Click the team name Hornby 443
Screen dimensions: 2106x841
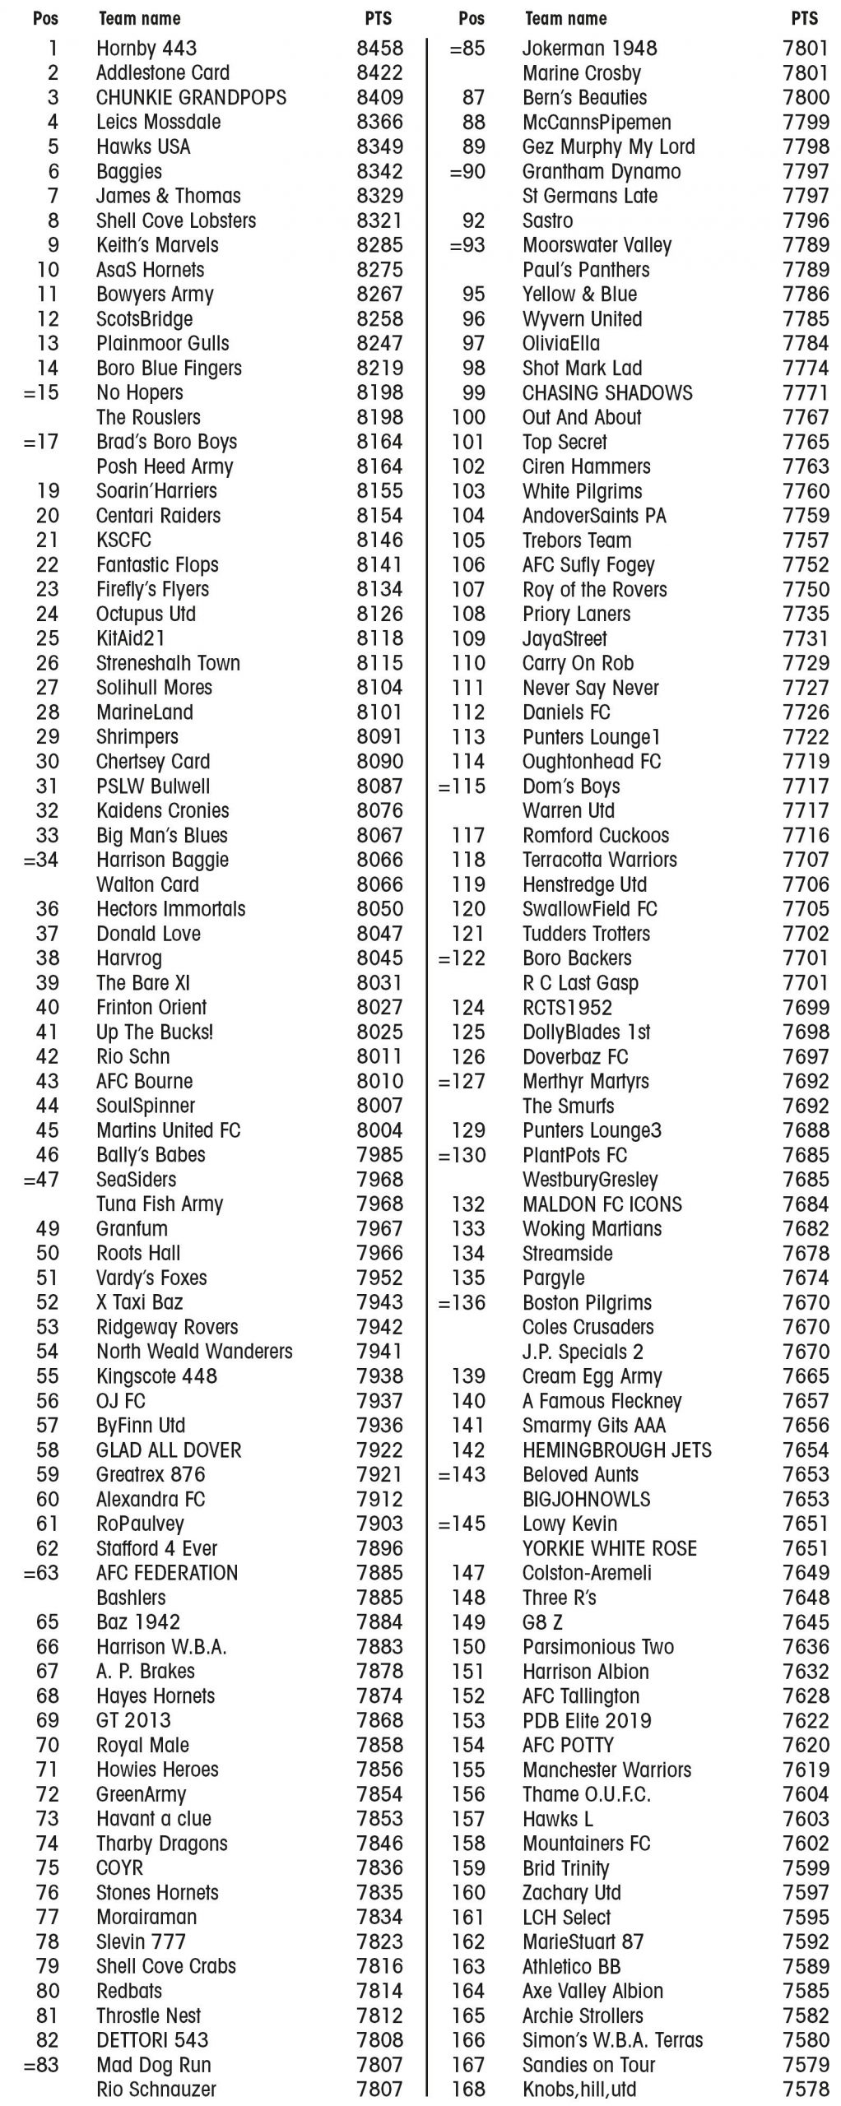[x=146, y=49]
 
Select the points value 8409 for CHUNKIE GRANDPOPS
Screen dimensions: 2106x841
[x=379, y=98]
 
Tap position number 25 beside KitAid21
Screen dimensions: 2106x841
[x=48, y=638]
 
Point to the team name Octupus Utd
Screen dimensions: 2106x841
[x=146, y=615]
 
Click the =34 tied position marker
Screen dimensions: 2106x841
[x=42, y=860]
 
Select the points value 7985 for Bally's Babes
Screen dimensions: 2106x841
[x=379, y=1155]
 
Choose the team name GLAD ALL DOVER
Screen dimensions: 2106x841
[x=169, y=1450]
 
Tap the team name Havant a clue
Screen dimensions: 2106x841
[x=154, y=1819]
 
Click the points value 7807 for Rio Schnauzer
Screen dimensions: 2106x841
[x=379, y=2089]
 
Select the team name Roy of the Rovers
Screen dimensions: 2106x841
[x=594, y=590]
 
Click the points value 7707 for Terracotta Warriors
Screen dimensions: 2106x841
[x=806, y=860]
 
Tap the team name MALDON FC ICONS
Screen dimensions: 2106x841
[x=602, y=1204]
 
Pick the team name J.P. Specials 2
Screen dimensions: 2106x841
[x=583, y=1352]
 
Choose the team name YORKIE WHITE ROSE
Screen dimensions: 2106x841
[x=609, y=1548]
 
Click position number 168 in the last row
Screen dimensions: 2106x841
[x=468, y=2089]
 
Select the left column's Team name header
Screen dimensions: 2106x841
[x=139, y=18]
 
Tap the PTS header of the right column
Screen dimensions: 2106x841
[x=804, y=18]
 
